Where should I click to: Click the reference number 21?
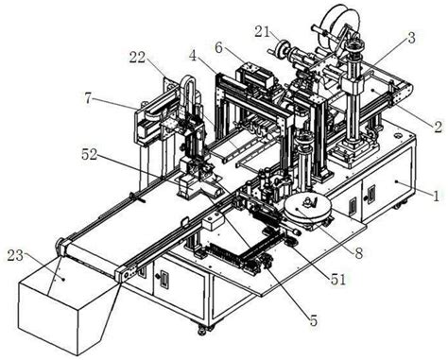click(x=262, y=32)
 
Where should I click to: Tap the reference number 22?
click(x=137, y=58)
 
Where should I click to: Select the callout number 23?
click(x=16, y=256)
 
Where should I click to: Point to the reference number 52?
click(x=90, y=155)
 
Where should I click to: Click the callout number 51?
click(x=337, y=279)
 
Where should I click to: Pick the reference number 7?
click(x=89, y=99)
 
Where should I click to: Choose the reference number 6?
click(x=219, y=48)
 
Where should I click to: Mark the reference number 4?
click(x=194, y=57)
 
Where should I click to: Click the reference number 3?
click(x=411, y=38)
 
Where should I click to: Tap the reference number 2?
click(x=438, y=127)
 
